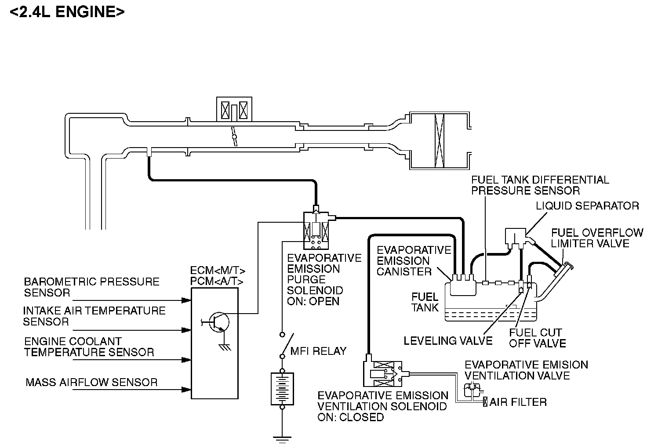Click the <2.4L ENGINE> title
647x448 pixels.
(x=67, y=12)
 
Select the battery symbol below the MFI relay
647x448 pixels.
(x=282, y=389)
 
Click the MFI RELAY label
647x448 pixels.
(x=318, y=351)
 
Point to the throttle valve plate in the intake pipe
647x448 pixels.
(x=234, y=137)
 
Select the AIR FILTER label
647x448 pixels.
(x=518, y=402)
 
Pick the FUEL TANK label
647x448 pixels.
(x=425, y=302)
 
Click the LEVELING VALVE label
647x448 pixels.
(x=448, y=341)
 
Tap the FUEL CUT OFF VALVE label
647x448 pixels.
(x=537, y=338)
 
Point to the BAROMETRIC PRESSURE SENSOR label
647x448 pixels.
(x=91, y=287)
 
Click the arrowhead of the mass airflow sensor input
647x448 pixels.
(x=186, y=390)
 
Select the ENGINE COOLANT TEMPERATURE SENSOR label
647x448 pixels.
(x=89, y=347)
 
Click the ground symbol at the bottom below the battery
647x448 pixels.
(x=282, y=440)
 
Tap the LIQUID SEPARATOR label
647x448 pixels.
(x=587, y=206)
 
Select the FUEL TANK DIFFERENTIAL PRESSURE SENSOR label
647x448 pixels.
(x=540, y=185)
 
